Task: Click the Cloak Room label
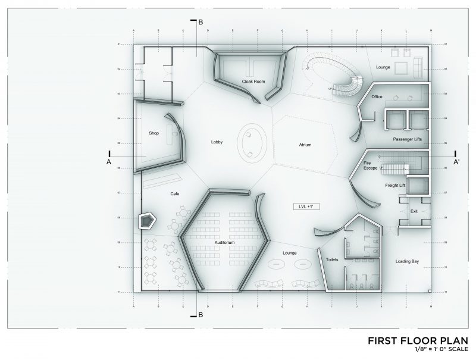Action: click(x=253, y=81)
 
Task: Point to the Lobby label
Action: click(x=216, y=142)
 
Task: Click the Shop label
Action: click(x=154, y=133)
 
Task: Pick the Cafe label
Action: click(x=175, y=193)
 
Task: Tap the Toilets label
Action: click(x=331, y=260)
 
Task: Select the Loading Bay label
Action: click(x=409, y=261)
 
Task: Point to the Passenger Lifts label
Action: click(x=408, y=139)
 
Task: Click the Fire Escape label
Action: click(x=371, y=165)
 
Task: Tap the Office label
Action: click(x=377, y=96)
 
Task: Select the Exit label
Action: click(x=414, y=211)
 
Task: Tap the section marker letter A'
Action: click(x=456, y=161)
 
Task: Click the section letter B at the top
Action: click(x=201, y=23)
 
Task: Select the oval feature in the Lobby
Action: click(x=252, y=143)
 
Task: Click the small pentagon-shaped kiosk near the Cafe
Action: click(x=146, y=222)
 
